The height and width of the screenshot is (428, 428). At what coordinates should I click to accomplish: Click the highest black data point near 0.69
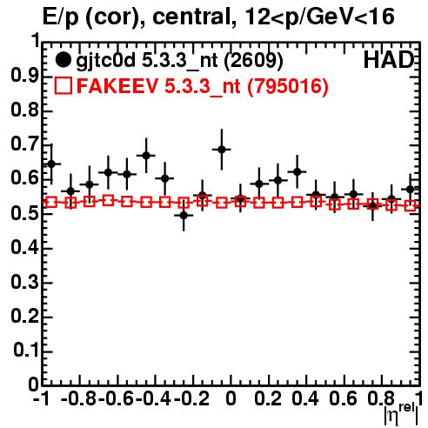222,150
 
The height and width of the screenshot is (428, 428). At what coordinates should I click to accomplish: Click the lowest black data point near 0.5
184,216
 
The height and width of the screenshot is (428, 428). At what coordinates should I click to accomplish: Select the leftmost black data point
51,164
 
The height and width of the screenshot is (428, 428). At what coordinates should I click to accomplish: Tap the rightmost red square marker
410,206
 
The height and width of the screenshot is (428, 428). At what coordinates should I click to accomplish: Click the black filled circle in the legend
63,60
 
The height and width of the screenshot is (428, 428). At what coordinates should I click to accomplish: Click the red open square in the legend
63,86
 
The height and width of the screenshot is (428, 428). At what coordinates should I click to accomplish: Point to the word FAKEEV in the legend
118,86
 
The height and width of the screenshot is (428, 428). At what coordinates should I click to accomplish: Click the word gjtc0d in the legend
105,60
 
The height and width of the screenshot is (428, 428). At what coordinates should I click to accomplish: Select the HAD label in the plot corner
388,60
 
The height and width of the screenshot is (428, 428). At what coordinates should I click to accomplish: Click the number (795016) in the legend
287,86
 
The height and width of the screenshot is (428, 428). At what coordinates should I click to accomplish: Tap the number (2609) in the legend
254,61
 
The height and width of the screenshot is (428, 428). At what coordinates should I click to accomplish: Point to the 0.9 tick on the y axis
24,76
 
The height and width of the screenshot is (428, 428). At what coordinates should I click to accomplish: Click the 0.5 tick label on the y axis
24,213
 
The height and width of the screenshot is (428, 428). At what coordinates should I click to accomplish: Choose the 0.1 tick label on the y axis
26,351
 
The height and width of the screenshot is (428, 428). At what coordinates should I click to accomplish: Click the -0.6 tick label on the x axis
116,398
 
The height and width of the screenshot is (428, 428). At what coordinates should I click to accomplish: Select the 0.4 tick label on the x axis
305,398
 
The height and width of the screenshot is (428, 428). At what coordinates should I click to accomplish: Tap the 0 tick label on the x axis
231,398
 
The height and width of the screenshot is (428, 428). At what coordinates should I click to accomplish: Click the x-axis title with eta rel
401,414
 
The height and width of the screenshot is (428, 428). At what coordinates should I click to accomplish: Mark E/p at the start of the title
61,18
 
